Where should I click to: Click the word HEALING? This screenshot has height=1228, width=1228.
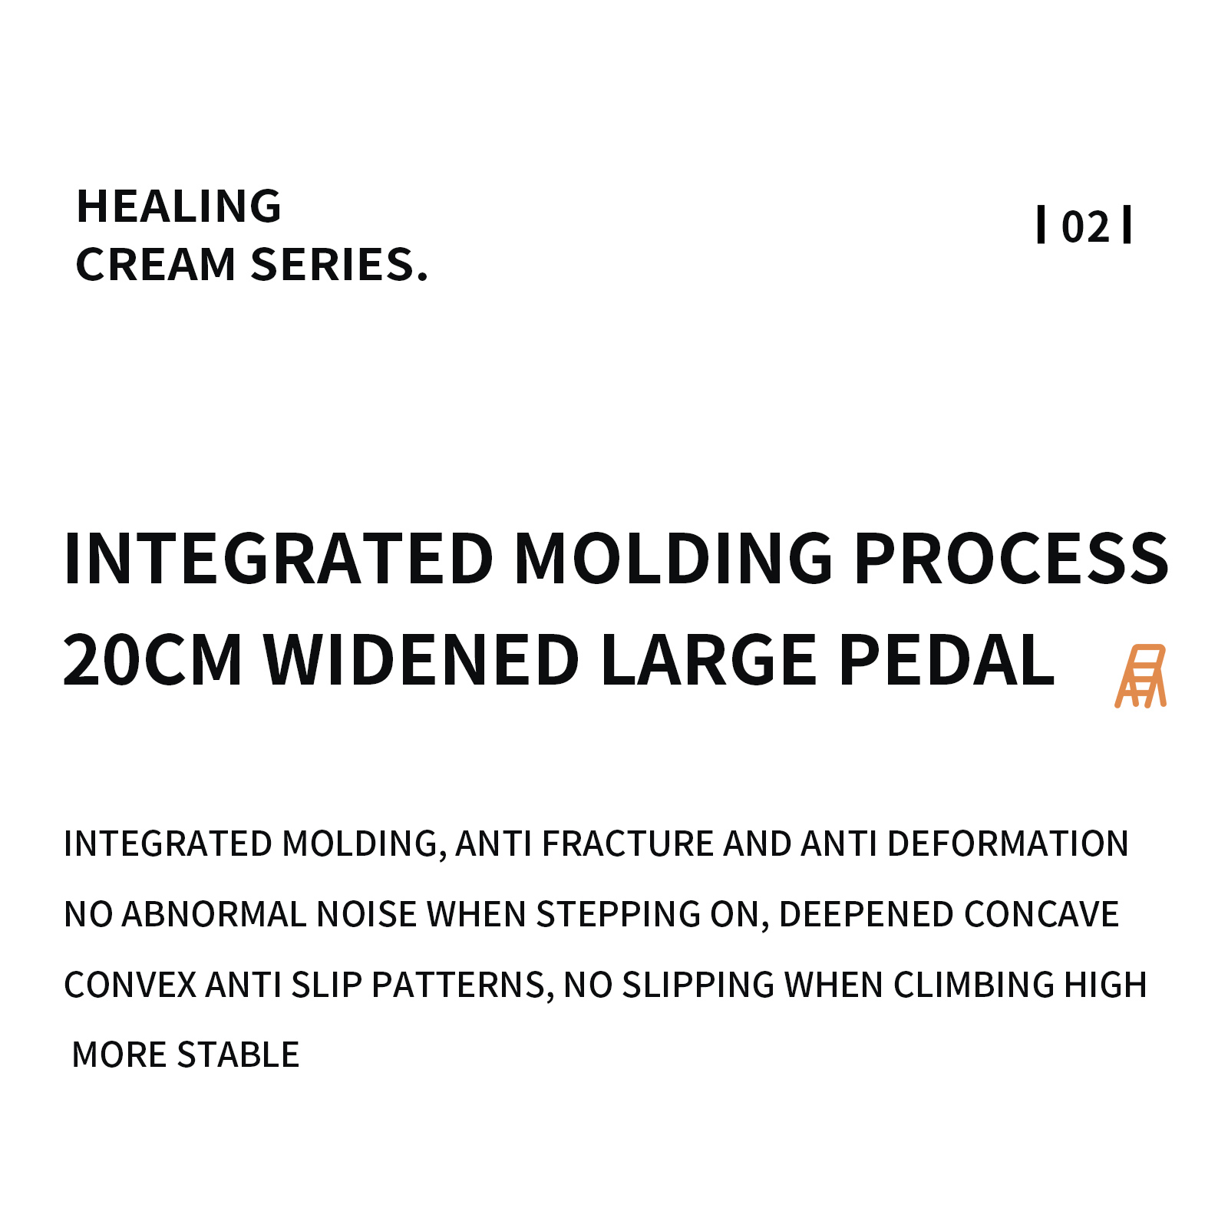pyautogui.click(x=179, y=206)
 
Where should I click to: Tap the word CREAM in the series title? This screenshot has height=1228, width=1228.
pyautogui.click(x=156, y=265)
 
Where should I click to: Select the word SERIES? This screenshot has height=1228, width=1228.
pyautogui.click(x=339, y=265)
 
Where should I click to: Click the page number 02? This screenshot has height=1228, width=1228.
pyautogui.click(x=1085, y=227)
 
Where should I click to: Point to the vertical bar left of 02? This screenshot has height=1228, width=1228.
pyautogui.click(x=1041, y=225)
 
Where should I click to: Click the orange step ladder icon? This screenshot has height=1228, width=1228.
pyautogui.click(x=1141, y=676)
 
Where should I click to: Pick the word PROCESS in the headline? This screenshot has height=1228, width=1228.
pyautogui.click(x=1011, y=559)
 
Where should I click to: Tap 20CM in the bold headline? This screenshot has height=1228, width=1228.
pyautogui.click(x=153, y=660)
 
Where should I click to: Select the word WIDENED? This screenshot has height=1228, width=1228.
pyautogui.click(x=421, y=660)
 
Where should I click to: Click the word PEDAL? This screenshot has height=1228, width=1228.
pyautogui.click(x=947, y=660)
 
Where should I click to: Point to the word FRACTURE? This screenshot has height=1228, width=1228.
pyautogui.click(x=628, y=844)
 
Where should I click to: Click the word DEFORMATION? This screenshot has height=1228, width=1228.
pyautogui.click(x=1008, y=844)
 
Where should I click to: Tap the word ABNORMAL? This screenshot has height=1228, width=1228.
pyautogui.click(x=214, y=915)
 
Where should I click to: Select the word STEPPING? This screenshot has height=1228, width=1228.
pyautogui.click(x=618, y=915)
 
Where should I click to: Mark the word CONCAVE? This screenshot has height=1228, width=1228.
pyautogui.click(x=1041, y=915)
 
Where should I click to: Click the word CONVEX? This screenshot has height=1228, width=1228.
pyautogui.click(x=130, y=985)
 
